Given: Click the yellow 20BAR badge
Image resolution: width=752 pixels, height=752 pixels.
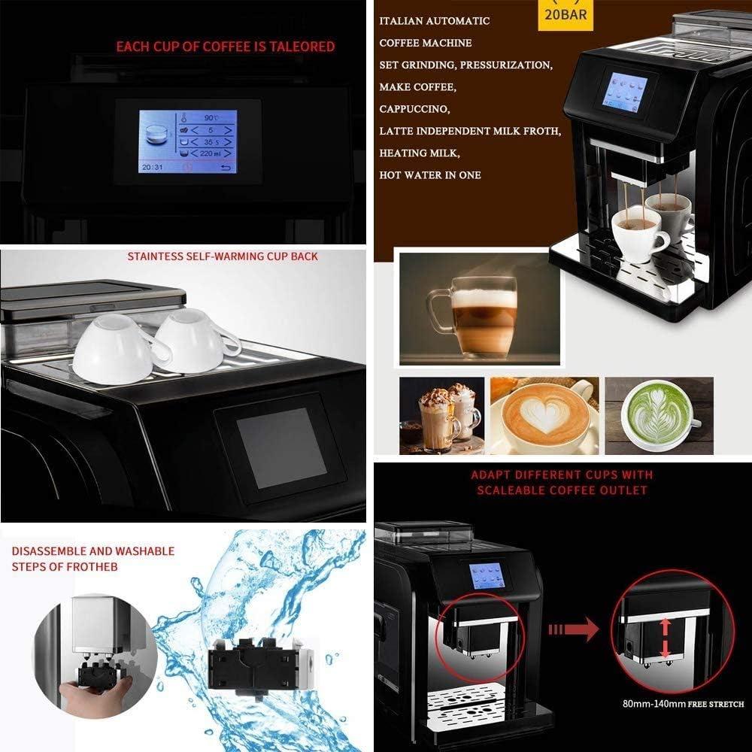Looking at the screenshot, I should pos(566,15).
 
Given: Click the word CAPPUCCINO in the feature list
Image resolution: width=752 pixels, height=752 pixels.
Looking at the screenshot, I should pos(414,109).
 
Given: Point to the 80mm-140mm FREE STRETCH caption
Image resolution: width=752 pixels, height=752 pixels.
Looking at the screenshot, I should pos(683,704).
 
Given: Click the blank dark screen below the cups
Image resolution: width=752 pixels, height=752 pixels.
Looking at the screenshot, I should pos(280,447).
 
